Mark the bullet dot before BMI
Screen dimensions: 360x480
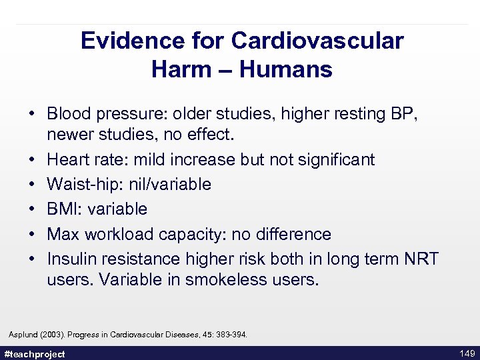point(33,209)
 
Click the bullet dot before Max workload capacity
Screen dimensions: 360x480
point(33,234)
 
